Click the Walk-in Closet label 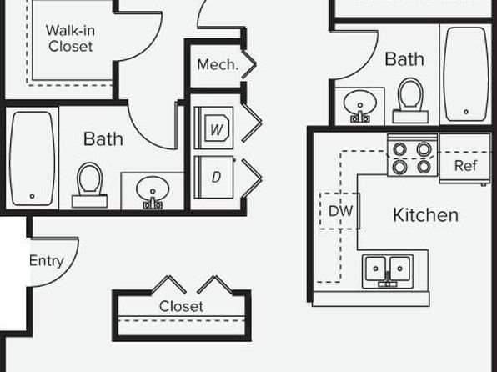click(x=70, y=38)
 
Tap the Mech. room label click(x=218, y=65)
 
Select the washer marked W click(x=214, y=128)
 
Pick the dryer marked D click(x=214, y=177)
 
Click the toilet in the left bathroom click(x=90, y=185)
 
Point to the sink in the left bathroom click(x=153, y=192)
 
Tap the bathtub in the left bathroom click(x=32, y=158)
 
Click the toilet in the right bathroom click(x=410, y=101)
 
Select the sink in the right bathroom click(x=359, y=106)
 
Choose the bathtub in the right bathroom click(x=466, y=74)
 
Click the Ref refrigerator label click(x=465, y=166)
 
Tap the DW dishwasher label click(x=341, y=211)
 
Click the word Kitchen click(x=425, y=215)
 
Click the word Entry click(x=47, y=261)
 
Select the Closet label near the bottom click(x=181, y=306)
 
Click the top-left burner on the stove click(x=399, y=149)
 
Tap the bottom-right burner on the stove click(x=424, y=167)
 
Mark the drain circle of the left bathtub click(x=32, y=196)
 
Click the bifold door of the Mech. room click(x=249, y=64)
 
